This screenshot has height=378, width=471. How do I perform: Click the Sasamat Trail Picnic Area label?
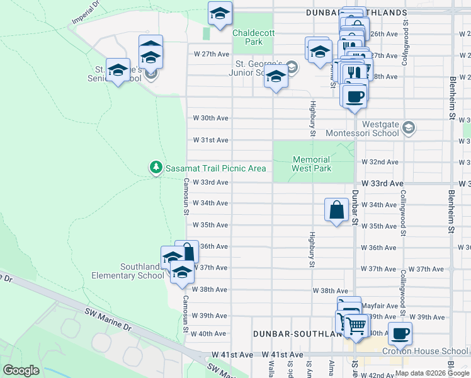pos(215,168)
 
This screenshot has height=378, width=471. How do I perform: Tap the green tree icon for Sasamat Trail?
pos(156,168)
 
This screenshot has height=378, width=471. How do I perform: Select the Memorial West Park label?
pos(311,164)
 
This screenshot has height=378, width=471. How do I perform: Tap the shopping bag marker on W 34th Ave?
pos(337,210)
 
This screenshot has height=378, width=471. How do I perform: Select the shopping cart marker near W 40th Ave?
pos(356,326)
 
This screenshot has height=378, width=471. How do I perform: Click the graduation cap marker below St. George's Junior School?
pos(275,77)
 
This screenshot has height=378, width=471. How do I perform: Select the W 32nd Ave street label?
pos(380,162)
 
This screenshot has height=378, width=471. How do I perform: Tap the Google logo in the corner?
pos(21,370)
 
